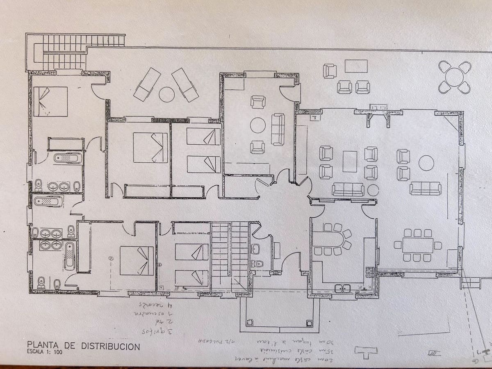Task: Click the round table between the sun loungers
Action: pyautogui.click(x=166, y=95)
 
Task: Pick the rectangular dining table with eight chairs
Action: pyautogui.click(x=417, y=245)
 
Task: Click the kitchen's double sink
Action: pyautogui.click(x=342, y=288)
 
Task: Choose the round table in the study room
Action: pyautogui.click(x=258, y=125)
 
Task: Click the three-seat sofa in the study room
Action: pyautogui.click(x=278, y=129)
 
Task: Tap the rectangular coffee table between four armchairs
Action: pyautogui.click(x=350, y=162)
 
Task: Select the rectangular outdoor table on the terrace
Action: pyautogui.click(x=356, y=66)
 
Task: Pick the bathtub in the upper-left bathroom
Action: pyautogui.click(x=67, y=158)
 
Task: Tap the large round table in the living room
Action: pyautogui.click(x=426, y=163)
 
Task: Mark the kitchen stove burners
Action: pyautogui.click(x=370, y=272)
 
